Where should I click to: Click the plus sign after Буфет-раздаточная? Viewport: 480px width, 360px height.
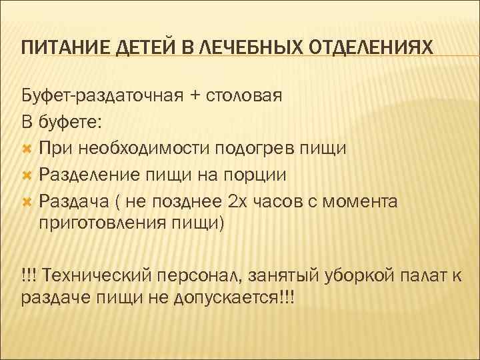(x=195, y=95)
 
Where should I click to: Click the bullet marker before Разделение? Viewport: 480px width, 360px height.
(x=27, y=175)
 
